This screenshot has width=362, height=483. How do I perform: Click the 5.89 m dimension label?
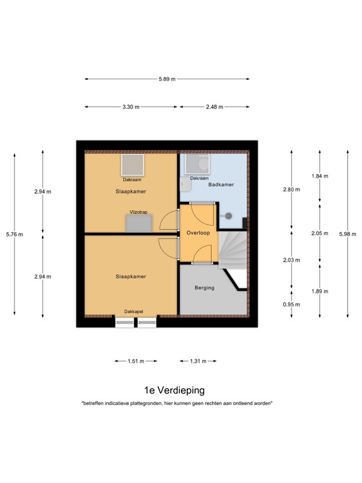click(x=167, y=79)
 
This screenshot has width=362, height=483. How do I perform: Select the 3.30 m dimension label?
click(x=131, y=107)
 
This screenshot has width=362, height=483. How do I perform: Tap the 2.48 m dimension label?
click(x=215, y=107)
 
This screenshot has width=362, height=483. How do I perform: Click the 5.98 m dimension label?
click(x=348, y=235)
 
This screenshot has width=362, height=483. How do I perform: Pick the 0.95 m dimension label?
click(x=291, y=304)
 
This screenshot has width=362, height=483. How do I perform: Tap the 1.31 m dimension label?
click(x=198, y=361)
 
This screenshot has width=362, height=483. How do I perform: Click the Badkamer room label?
click(x=221, y=185)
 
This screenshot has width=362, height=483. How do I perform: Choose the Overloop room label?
click(x=198, y=233)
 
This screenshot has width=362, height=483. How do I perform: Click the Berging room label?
click(x=204, y=287)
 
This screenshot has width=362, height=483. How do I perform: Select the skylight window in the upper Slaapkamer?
click(x=132, y=165)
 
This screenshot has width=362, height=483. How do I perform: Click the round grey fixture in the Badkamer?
click(x=229, y=216)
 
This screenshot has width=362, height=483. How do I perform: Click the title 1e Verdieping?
click(x=174, y=390)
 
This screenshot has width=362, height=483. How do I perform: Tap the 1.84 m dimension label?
click(x=320, y=176)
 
